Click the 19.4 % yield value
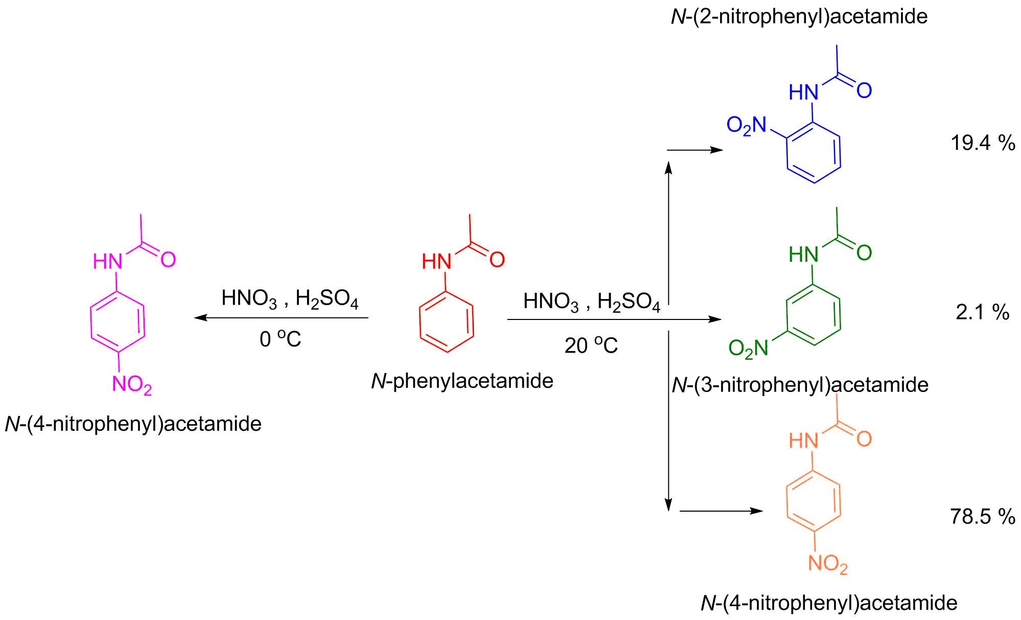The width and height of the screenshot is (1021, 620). [982, 143]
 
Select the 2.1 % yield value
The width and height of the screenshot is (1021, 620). [982, 312]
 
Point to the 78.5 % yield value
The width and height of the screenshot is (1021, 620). [982, 516]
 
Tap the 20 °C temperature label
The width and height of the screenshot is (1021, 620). [591, 346]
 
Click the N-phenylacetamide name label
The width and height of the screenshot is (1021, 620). [462, 381]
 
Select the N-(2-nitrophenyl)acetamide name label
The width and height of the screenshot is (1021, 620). [799, 17]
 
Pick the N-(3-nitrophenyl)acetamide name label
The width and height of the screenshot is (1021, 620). [800, 385]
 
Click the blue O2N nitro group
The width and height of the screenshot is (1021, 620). [747, 125]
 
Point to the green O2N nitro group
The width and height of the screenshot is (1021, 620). [748, 349]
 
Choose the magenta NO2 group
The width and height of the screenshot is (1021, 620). [132, 384]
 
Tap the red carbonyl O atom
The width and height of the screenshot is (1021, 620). [497, 260]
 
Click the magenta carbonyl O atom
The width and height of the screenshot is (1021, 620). [168, 260]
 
